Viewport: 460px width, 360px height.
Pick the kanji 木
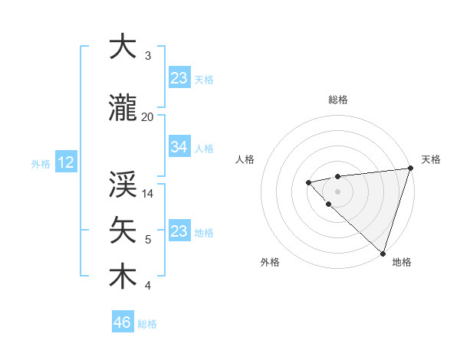(123, 276)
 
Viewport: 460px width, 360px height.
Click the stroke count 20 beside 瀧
(147, 116)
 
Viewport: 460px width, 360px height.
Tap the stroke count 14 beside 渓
(148, 194)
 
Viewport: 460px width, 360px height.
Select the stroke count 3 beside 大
(148, 56)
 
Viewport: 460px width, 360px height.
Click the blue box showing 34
(179, 147)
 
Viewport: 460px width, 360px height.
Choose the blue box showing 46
(123, 322)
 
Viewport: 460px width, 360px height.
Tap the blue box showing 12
(65, 162)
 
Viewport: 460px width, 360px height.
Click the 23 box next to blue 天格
(179, 78)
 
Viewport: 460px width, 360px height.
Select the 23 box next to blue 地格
(179, 231)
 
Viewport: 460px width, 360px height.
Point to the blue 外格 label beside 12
(41, 163)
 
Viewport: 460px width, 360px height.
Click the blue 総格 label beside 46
(147, 324)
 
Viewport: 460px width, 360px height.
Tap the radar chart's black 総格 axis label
(338, 100)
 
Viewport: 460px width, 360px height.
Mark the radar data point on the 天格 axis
(410, 169)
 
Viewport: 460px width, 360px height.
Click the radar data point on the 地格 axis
(382, 252)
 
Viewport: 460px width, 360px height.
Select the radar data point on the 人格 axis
(308, 182)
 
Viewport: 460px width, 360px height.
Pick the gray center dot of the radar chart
(337, 191)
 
